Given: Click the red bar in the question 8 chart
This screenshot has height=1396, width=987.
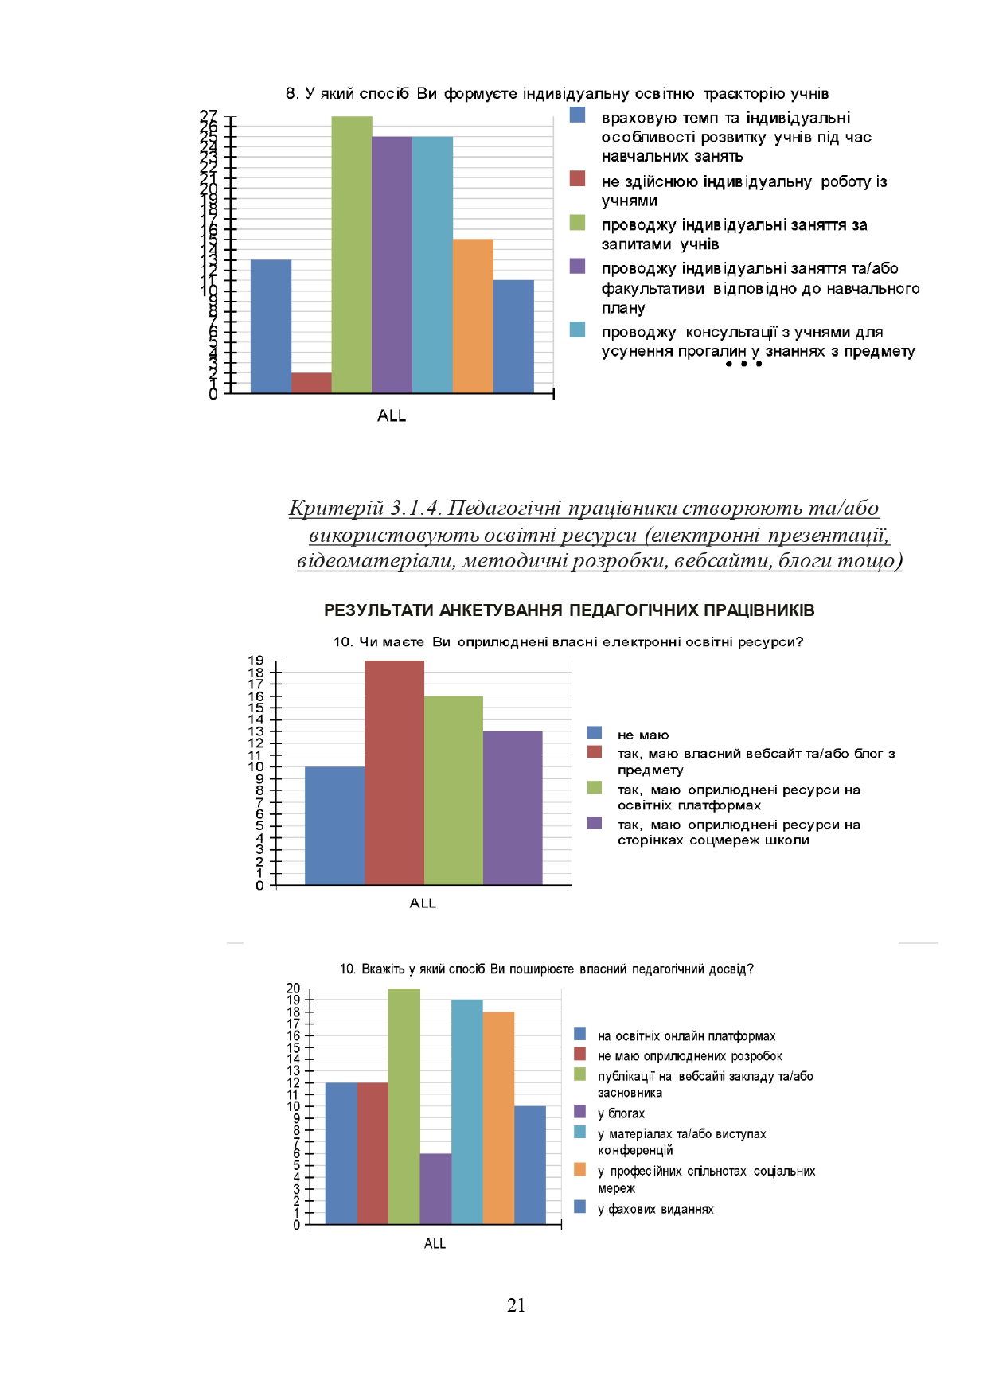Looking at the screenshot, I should coord(311,383).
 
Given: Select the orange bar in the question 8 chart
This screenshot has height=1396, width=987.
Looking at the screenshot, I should coord(473,316).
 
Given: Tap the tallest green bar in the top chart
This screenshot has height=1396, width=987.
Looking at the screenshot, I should coord(352,255).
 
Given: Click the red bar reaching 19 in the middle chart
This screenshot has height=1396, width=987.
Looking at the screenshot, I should coord(394,773).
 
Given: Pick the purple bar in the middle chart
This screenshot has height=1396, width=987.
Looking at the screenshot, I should coord(513,808).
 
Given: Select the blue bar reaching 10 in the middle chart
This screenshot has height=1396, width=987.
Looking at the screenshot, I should coord(334,825).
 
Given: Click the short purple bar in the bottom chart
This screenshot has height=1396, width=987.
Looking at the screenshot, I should coord(435,1188).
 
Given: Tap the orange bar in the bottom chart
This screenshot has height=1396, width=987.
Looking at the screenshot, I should coord(498,1117).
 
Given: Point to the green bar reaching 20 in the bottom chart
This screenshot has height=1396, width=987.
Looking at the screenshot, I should coord(404,1106).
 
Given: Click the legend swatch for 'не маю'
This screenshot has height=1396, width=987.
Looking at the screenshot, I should coord(595,733).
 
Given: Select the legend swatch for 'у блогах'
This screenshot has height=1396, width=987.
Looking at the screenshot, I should coord(580,1112).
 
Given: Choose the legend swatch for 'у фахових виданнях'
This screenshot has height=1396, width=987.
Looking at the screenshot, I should coord(580,1207).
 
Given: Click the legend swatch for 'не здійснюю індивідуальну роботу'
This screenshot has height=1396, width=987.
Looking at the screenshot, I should coord(578,179).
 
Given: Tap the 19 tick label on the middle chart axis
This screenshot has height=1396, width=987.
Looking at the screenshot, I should coord(256,661).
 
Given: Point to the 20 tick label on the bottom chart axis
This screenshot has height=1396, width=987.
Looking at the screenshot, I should coord(294,989).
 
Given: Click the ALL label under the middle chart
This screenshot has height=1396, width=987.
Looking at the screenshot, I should coord(423,903).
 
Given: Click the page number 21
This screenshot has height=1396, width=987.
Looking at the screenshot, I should coord(516,1305).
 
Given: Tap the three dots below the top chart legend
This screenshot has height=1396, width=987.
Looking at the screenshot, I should coord(743,365).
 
